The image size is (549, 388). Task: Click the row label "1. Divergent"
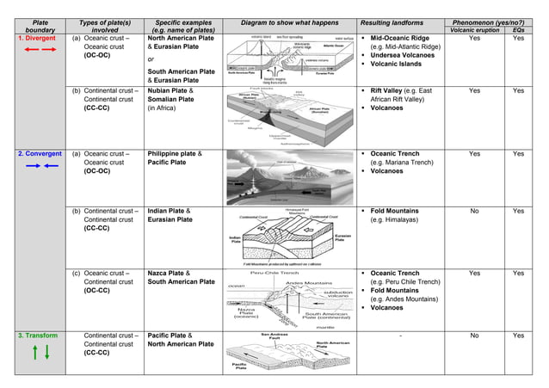[32, 39]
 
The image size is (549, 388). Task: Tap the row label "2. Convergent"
[33, 154]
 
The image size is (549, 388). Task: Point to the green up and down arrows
[32, 352]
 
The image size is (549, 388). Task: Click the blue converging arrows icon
[32, 166]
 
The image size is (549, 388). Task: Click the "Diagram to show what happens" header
[287, 21]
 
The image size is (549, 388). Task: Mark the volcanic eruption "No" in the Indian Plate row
[474, 211]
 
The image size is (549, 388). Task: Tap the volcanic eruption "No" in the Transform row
[474, 336]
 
